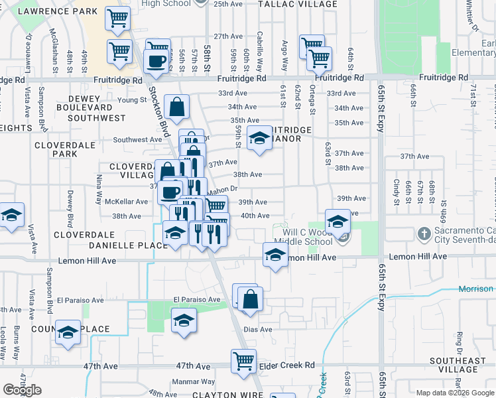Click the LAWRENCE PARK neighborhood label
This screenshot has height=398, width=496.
(x=58, y=12)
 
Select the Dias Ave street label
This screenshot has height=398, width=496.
(x=257, y=329)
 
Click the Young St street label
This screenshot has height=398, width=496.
(x=131, y=100)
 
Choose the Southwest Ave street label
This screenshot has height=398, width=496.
(x=137, y=139)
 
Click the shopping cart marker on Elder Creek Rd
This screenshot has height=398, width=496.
(x=243, y=360)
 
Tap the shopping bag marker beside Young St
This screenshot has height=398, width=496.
(x=177, y=106)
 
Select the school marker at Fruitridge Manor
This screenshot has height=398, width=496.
(x=258, y=138)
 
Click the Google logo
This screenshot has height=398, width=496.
(x=23, y=390)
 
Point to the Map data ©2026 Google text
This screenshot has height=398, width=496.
(x=454, y=393)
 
